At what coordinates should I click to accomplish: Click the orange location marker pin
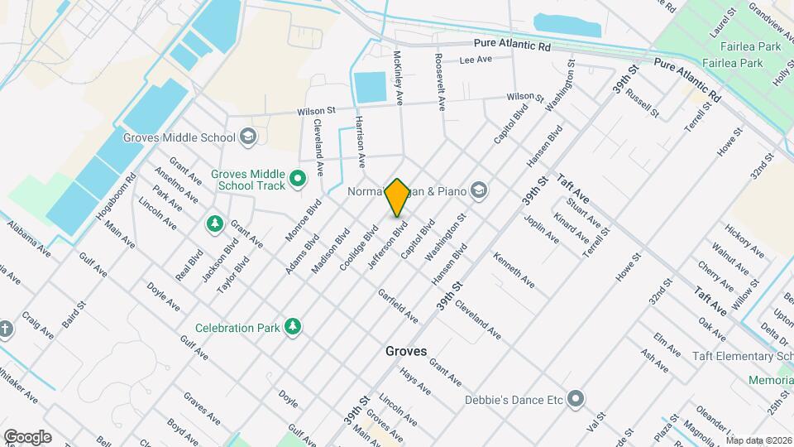tap(397, 197)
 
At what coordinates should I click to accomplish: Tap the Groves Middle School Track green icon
tap(298, 177)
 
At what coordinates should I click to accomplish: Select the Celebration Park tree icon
tap(292, 328)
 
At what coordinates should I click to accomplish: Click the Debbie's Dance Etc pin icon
tap(576, 401)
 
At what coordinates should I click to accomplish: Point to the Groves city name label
tap(406, 351)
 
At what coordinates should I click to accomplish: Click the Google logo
tap(27, 436)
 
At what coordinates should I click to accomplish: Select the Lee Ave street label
tap(476, 60)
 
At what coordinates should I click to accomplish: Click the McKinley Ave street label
tap(399, 76)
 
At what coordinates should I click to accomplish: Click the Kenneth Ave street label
tap(514, 271)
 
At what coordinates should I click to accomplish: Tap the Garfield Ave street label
tap(398, 306)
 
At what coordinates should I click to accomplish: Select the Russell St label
tap(643, 103)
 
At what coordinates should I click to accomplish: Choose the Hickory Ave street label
tap(744, 239)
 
